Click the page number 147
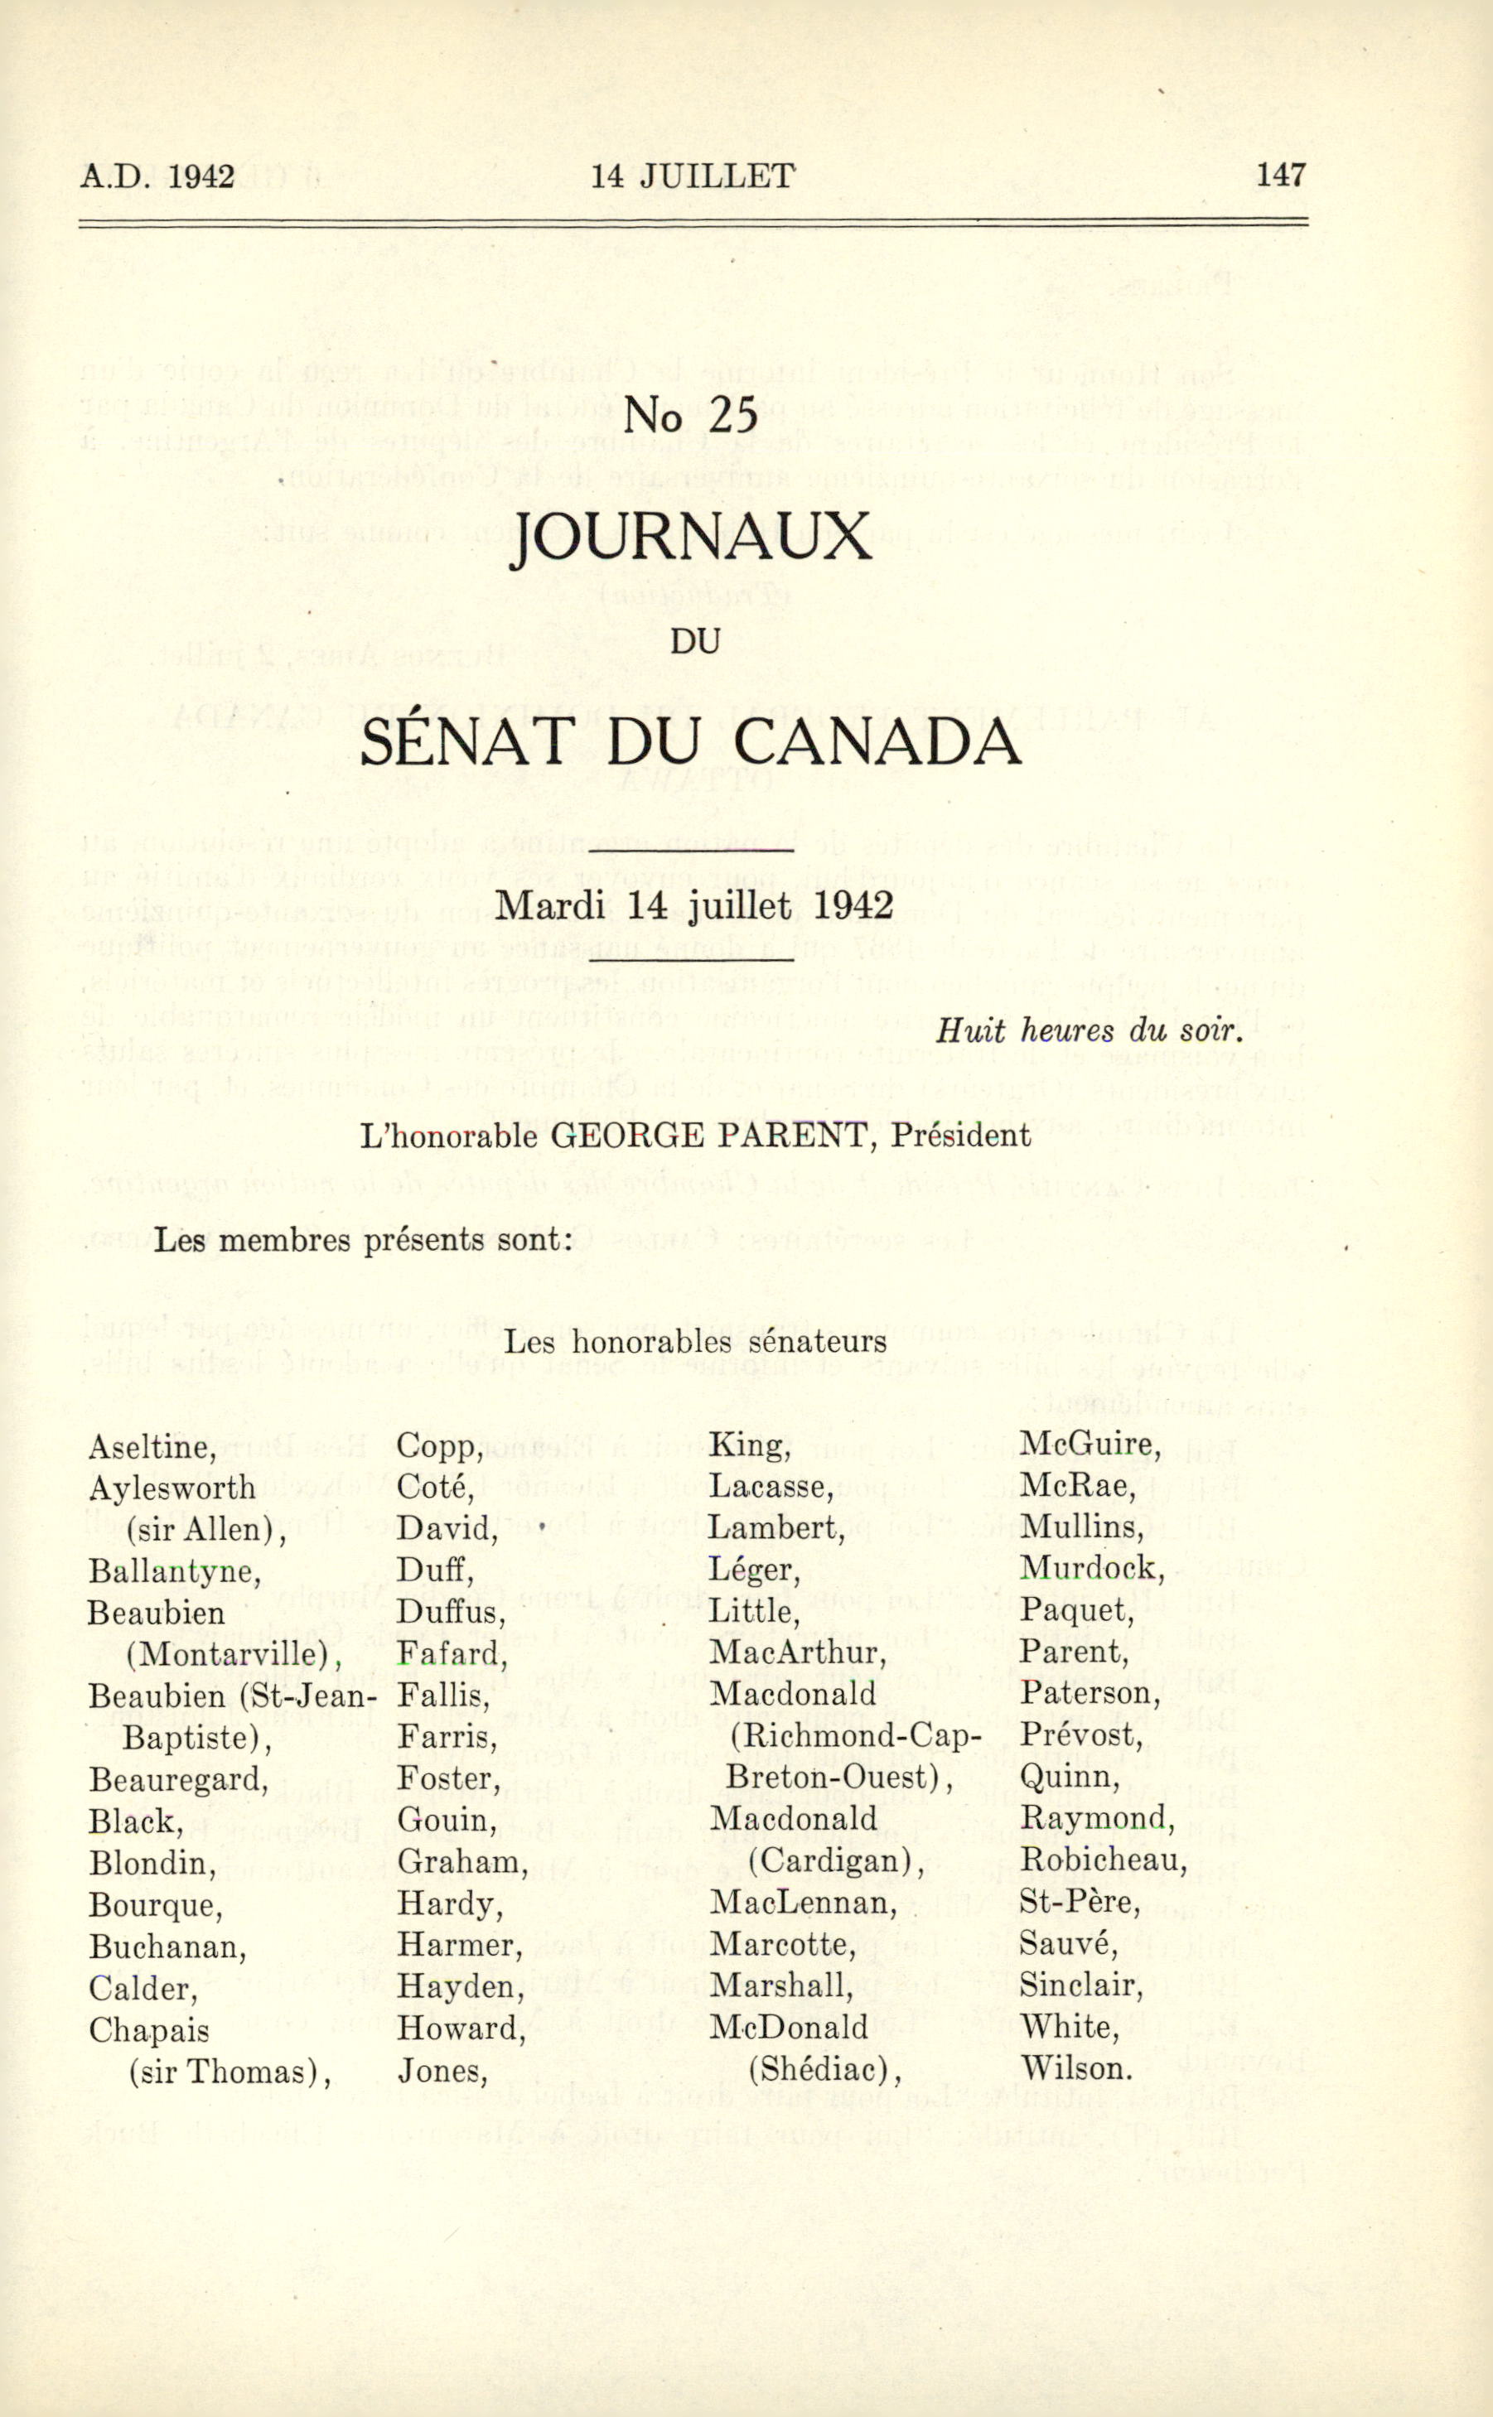[1280, 176]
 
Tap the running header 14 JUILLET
[692, 176]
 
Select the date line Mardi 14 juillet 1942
[693, 905]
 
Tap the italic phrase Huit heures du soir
[1088, 1031]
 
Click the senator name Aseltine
[151, 1447]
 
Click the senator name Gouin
[447, 1820]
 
